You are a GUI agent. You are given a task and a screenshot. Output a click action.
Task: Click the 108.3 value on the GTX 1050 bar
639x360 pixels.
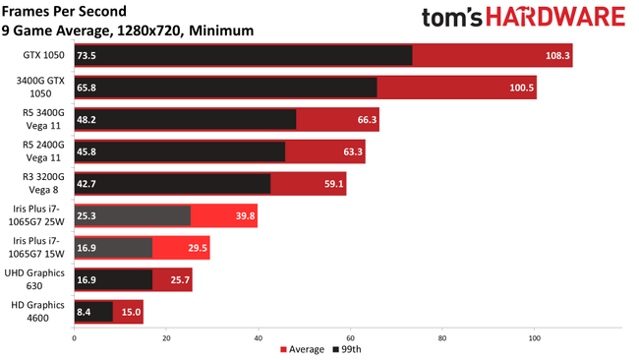click(x=556, y=56)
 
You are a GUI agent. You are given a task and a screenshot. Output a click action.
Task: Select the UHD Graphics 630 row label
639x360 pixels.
click(x=36, y=279)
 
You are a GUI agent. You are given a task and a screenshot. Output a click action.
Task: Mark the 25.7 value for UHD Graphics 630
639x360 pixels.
click(x=177, y=279)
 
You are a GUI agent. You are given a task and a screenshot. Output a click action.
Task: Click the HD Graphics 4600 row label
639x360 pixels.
click(x=36, y=311)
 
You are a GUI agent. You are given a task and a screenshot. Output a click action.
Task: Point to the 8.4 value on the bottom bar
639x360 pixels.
click(x=86, y=311)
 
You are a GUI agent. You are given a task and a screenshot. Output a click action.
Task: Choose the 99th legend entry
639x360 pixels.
click(x=346, y=349)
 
